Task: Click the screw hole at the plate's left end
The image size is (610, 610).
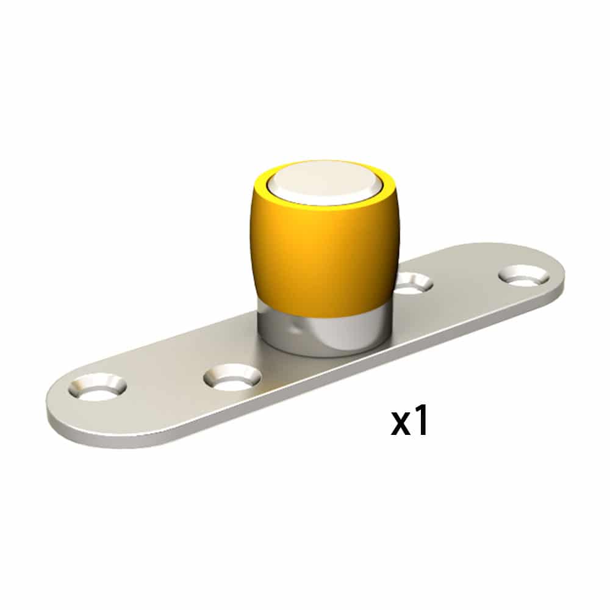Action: tap(98, 388)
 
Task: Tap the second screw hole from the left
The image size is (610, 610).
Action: tap(232, 378)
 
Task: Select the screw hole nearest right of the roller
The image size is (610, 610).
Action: tap(414, 282)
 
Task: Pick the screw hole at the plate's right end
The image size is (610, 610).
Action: tap(523, 276)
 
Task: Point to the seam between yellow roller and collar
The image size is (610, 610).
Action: tap(323, 316)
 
